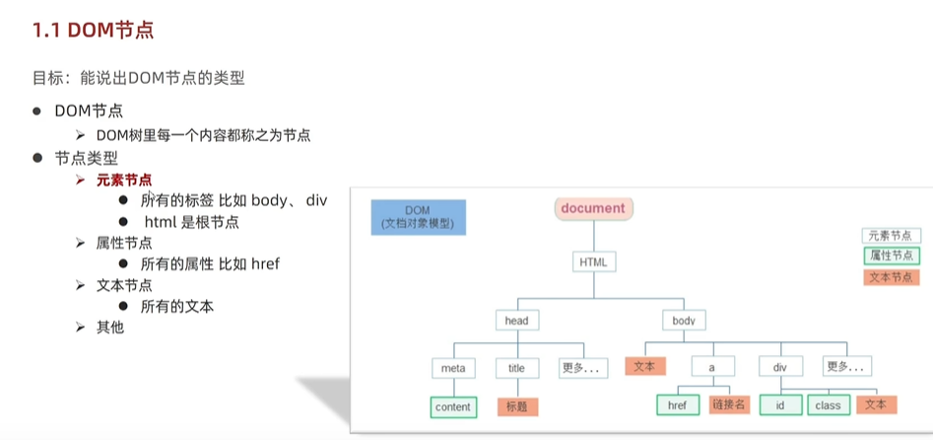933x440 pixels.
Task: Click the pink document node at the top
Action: point(593,208)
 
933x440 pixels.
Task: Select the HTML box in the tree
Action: point(594,261)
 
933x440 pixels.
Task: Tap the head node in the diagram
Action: point(516,321)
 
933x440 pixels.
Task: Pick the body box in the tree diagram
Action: point(684,321)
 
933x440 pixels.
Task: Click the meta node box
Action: point(453,368)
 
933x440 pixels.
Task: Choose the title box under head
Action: point(517,368)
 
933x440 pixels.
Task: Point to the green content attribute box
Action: point(453,407)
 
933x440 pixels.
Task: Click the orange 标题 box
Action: point(517,407)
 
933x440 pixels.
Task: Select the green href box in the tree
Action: point(678,405)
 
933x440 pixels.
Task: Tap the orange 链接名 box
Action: point(729,404)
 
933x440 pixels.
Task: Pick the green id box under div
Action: point(780,405)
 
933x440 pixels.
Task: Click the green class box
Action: point(829,405)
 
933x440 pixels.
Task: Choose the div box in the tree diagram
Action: point(780,367)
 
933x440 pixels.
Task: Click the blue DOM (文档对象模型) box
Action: point(419,217)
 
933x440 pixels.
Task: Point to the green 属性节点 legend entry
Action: point(892,256)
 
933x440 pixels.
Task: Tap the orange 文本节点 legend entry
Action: point(892,277)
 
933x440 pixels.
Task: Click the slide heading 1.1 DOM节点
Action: point(94,31)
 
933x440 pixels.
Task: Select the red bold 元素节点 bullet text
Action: point(124,180)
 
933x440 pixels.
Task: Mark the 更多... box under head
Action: point(583,368)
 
